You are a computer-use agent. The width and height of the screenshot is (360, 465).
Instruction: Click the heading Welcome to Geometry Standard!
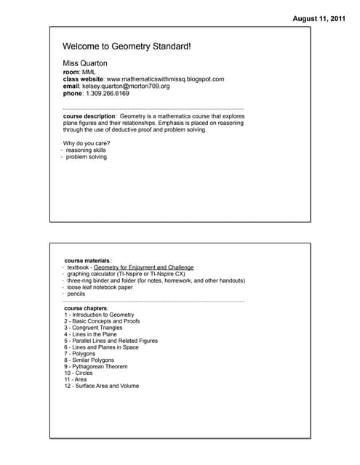click(x=127, y=47)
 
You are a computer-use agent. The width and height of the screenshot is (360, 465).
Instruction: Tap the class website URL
click(x=166, y=79)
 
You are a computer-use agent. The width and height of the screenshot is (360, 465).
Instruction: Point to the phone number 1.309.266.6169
click(x=106, y=93)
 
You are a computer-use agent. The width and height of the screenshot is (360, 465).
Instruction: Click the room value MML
click(x=89, y=73)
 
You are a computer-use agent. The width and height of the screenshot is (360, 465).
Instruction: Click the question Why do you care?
click(x=87, y=143)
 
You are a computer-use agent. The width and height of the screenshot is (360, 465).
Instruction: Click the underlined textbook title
click(x=144, y=267)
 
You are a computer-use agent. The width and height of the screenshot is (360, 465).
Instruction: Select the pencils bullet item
click(x=76, y=294)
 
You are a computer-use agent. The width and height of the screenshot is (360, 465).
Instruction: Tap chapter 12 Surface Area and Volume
click(x=101, y=386)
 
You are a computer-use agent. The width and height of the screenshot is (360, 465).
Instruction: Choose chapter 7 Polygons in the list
click(x=80, y=354)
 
